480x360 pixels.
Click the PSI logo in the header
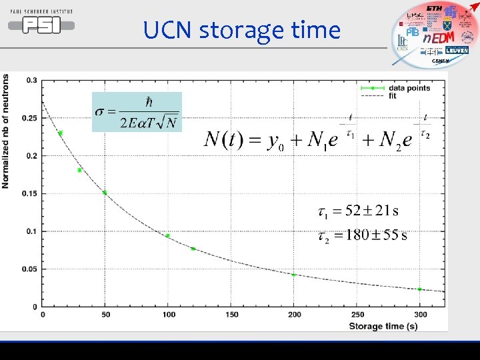point(41,23)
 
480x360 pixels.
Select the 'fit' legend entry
point(393,96)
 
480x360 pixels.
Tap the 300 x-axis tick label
point(420,314)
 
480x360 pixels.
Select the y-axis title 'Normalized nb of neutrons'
point(6,131)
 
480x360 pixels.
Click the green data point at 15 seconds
point(61,133)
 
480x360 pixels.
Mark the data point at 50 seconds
point(105,193)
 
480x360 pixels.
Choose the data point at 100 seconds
point(167,235)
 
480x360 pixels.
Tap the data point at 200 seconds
point(294,275)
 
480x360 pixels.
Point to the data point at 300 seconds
point(420,289)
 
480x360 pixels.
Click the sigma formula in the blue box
point(137,111)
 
